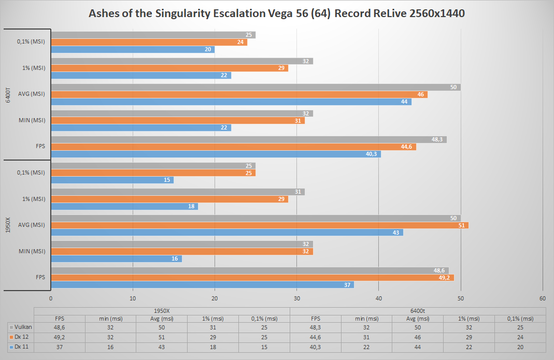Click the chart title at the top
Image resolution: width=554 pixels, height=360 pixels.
276,13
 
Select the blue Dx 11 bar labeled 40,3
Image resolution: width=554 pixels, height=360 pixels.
216,154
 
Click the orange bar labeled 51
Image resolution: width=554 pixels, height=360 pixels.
259,225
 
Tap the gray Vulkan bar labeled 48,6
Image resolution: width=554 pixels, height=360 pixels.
249,270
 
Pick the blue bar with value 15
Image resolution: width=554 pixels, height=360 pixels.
112,180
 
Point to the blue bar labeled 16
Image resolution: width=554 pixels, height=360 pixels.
116,258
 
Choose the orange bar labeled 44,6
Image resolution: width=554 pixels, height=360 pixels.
233,147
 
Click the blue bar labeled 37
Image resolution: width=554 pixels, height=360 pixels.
202,285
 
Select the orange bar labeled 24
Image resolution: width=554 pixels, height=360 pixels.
149,42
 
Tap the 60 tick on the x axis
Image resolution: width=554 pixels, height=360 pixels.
543,298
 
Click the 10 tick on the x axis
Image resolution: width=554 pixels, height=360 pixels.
133,298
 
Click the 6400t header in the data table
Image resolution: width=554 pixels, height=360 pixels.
418,310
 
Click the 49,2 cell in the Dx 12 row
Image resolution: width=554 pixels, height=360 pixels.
60,337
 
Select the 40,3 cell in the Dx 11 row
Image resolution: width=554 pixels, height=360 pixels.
316,347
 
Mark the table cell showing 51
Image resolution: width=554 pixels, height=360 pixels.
162,337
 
